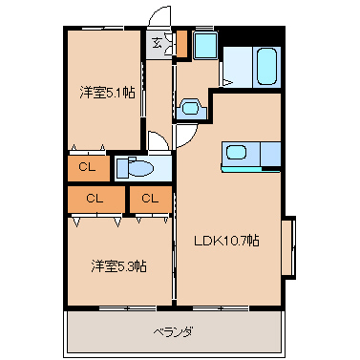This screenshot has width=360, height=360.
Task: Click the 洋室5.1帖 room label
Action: (107, 93)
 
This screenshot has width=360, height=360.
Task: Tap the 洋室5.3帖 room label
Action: (118, 266)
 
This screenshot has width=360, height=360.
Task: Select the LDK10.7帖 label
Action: (226, 241)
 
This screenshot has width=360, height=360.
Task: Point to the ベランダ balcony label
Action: (174, 332)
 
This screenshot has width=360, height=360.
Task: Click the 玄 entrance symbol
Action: (157, 42)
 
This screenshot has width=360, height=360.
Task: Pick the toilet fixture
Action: (135, 167)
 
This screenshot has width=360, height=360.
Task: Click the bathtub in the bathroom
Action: (266, 67)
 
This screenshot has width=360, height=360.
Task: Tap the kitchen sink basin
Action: (236, 153)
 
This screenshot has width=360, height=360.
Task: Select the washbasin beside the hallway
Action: (191, 108)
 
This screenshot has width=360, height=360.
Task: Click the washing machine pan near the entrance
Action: (205, 45)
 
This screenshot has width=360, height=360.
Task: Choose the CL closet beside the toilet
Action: (88, 168)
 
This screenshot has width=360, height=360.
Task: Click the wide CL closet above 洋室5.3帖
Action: (95, 199)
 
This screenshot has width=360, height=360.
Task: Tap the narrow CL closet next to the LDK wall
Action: (151, 199)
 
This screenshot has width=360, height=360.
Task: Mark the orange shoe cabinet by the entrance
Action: (182, 43)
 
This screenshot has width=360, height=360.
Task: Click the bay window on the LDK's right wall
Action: (288, 247)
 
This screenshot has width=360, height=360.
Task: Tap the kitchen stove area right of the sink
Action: (270, 154)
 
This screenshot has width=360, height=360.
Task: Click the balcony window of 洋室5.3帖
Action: (127, 307)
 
